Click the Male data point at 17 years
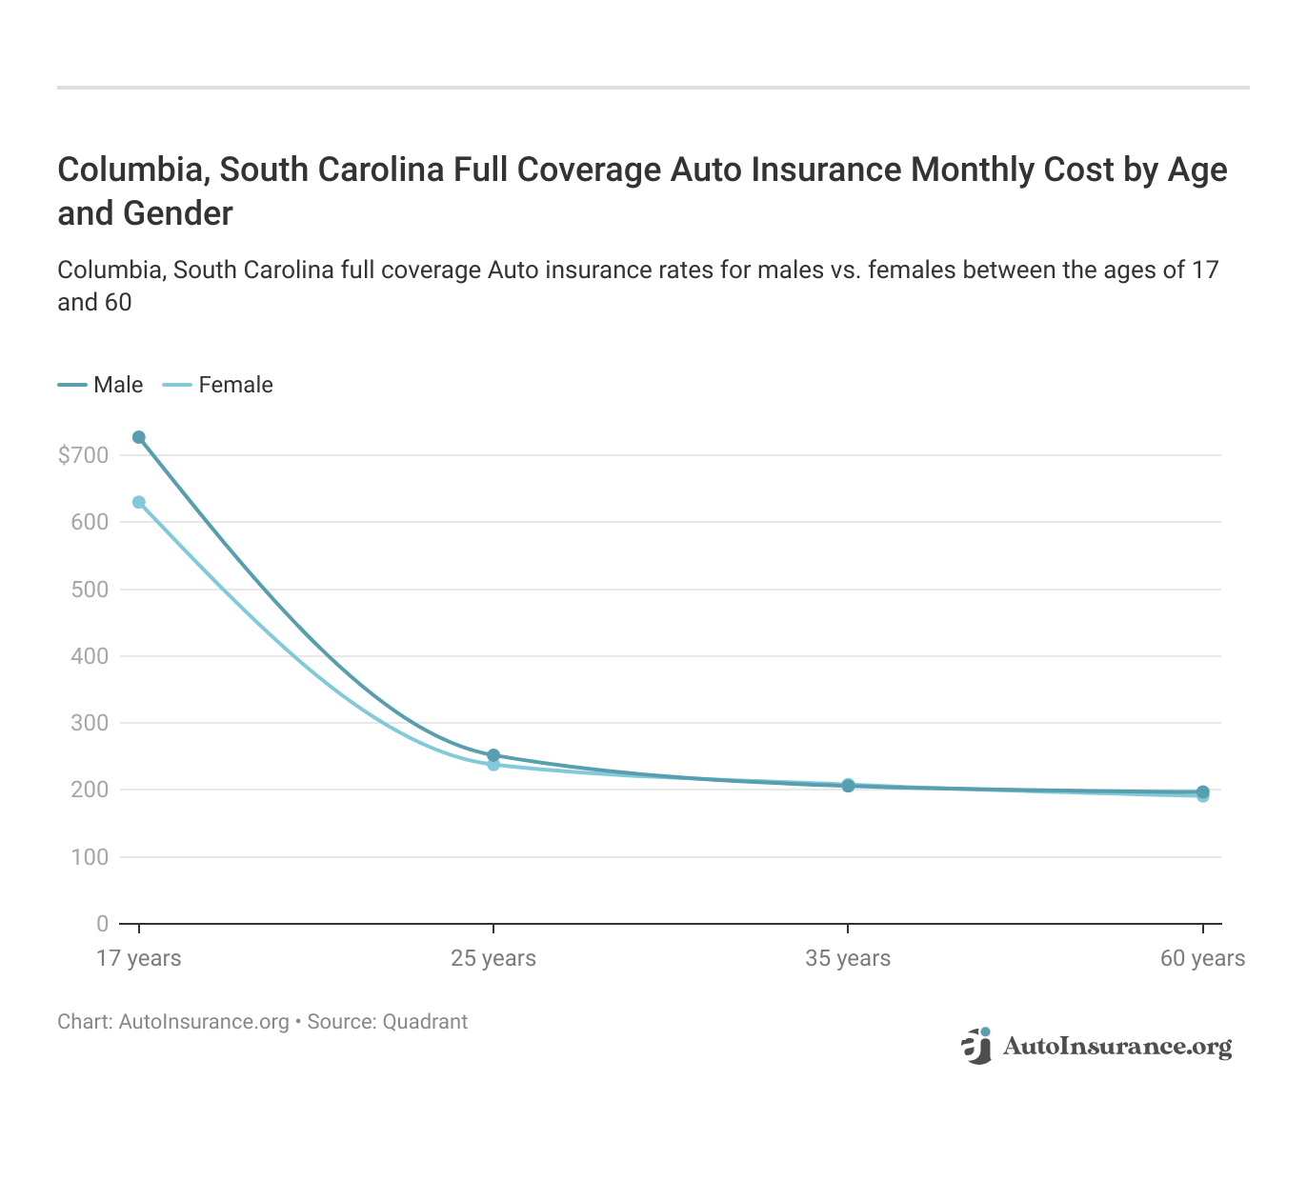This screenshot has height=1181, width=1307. (x=139, y=437)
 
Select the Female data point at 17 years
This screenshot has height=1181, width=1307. (x=139, y=502)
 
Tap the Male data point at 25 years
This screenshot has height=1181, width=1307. (x=493, y=755)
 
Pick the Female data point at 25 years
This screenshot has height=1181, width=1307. (x=493, y=765)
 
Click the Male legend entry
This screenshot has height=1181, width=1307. (x=101, y=385)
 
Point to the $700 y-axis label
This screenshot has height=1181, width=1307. (x=84, y=455)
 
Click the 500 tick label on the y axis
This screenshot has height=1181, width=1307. (x=90, y=590)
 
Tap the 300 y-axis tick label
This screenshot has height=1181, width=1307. (x=90, y=723)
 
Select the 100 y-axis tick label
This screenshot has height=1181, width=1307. (x=90, y=857)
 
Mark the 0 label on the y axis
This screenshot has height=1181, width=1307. (x=102, y=924)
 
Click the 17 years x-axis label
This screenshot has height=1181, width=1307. (x=139, y=958)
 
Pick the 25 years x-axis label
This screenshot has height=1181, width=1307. (x=493, y=958)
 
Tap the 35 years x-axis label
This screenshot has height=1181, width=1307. (x=848, y=958)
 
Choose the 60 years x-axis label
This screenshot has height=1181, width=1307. (x=1202, y=958)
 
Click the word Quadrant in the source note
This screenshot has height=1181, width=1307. (x=425, y=1022)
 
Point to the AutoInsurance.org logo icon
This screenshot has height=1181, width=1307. (x=976, y=1046)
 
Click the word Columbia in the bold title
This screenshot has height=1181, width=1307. (x=132, y=170)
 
